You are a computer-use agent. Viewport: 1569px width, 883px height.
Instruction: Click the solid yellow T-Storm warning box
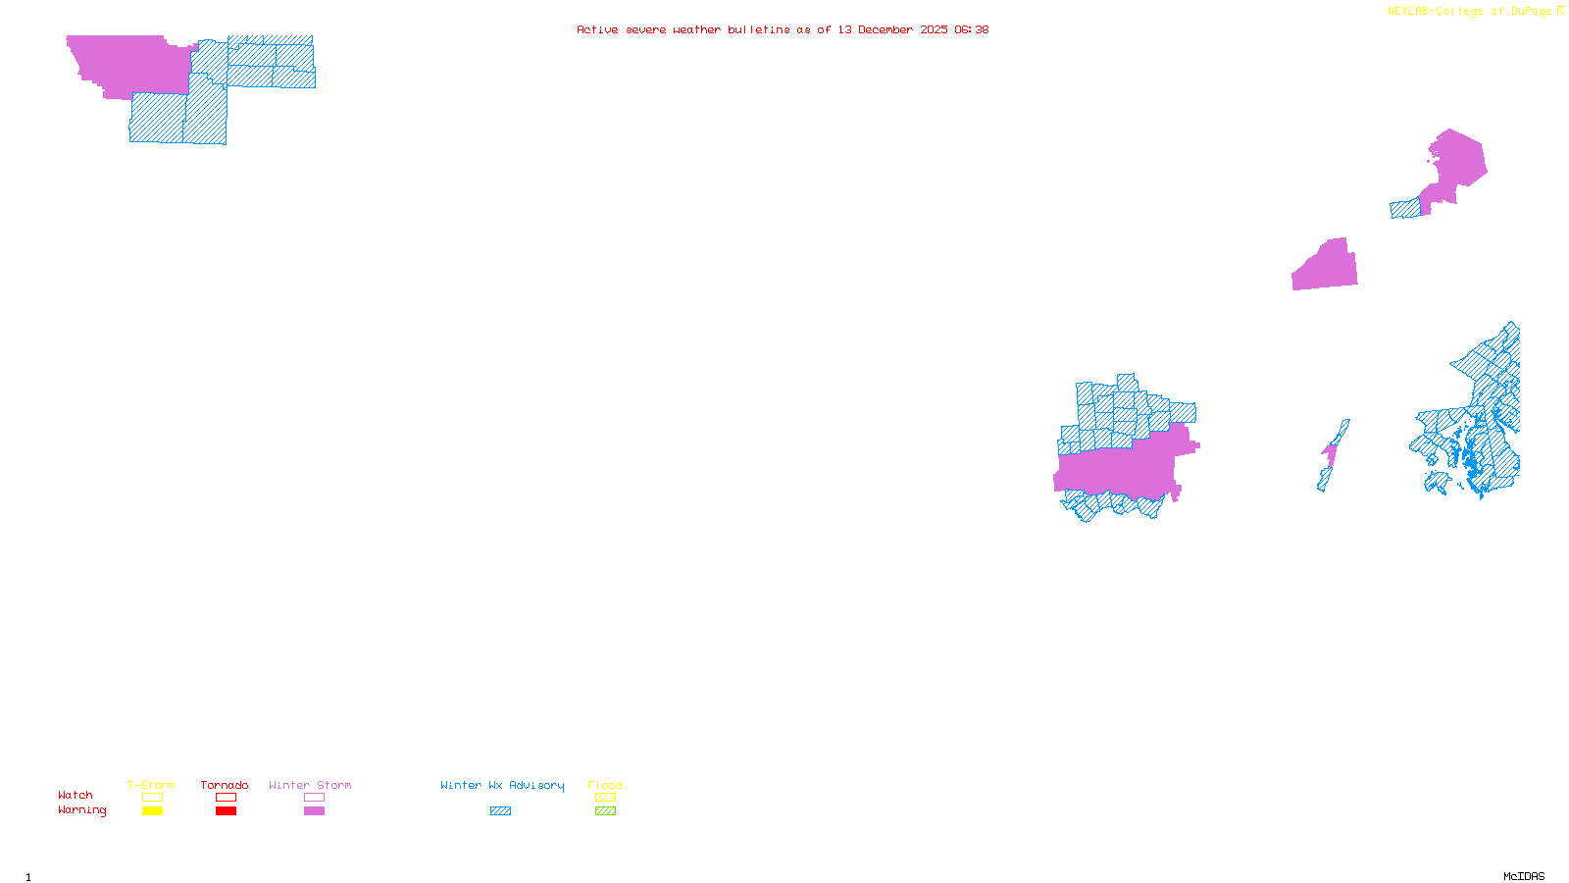point(152,811)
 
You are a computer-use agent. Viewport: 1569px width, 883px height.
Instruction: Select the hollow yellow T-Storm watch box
point(152,798)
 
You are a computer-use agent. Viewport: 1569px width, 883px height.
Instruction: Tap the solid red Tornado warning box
point(227,811)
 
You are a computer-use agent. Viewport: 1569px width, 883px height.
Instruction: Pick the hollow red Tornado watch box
point(227,798)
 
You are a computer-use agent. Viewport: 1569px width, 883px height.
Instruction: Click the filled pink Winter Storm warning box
point(314,811)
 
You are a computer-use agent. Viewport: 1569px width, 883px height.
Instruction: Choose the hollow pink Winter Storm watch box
point(314,798)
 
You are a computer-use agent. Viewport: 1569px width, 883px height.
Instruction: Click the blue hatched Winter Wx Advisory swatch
point(500,811)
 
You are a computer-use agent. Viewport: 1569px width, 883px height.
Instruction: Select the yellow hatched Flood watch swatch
point(605,798)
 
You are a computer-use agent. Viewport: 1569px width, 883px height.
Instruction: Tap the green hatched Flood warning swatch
point(605,811)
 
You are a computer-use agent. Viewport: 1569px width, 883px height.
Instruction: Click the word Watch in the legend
point(76,796)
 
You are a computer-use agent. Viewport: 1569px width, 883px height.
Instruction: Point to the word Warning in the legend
point(82,810)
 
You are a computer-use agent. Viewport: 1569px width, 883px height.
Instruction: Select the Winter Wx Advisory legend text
point(502,785)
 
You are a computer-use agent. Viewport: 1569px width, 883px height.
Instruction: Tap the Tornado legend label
point(225,785)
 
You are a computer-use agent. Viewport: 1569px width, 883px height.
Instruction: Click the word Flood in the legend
point(605,785)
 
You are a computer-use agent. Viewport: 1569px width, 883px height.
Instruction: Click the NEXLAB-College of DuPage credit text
point(1470,12)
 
